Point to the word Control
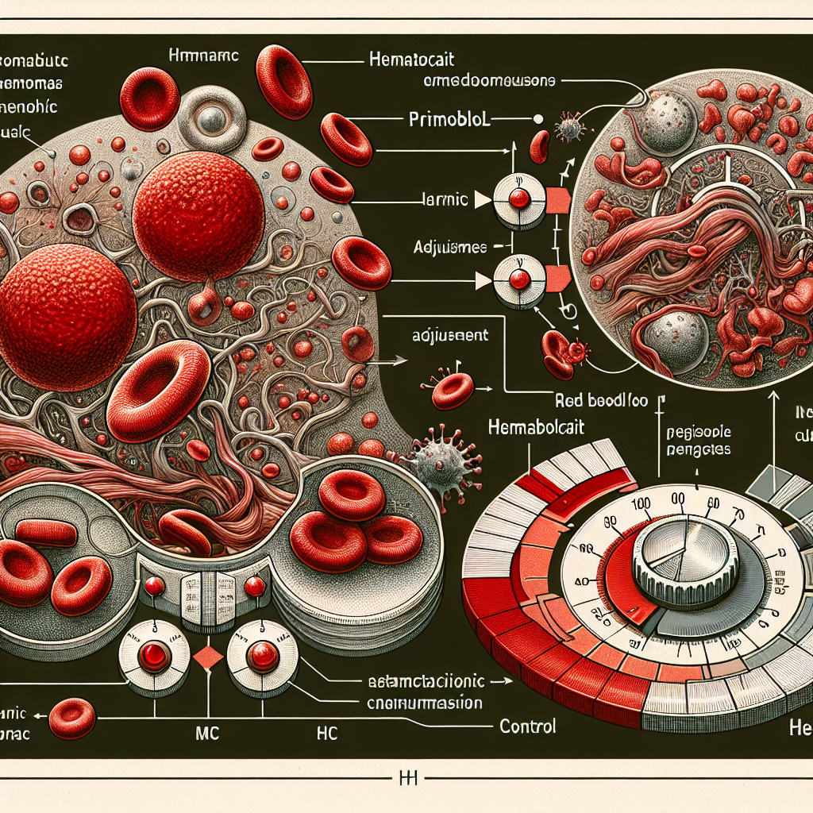pos(527,726)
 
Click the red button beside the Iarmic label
pos(518,199)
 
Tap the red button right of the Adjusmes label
pos(518,279)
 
